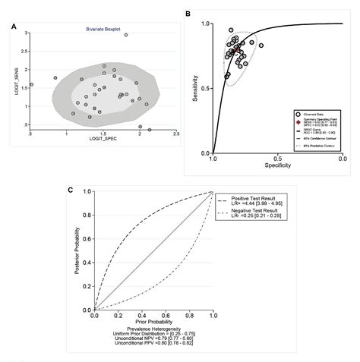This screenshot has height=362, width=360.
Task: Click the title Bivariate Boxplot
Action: point(103,30)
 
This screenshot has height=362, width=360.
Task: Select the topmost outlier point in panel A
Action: point(126,35)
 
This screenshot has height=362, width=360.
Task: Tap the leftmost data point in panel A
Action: point(31,85)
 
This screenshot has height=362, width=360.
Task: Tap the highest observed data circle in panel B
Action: point(232,30)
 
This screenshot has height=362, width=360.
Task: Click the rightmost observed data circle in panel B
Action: point(261,46)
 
